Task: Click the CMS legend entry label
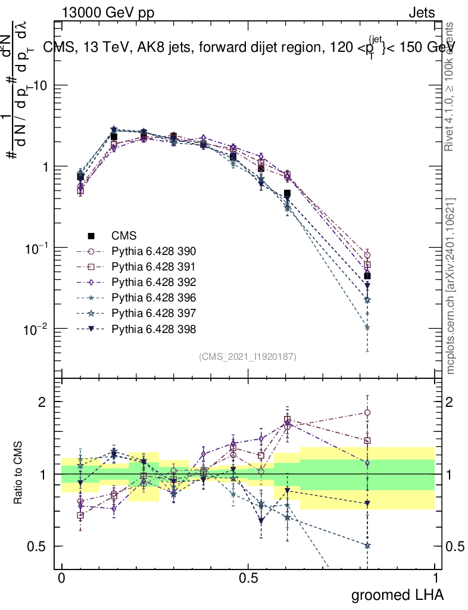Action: click(124, 235)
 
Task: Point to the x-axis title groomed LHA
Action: click(398, 595)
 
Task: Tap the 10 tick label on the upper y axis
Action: click(40, 86)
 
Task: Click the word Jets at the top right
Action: click(421, 13)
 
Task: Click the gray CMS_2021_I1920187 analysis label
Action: click(248, 356)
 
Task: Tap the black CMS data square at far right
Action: click(367, 276)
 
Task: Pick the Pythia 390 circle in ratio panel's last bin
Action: click(367, 412)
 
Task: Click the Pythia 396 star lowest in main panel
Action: click(367, 327)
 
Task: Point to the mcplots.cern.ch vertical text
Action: click(451, 286)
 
